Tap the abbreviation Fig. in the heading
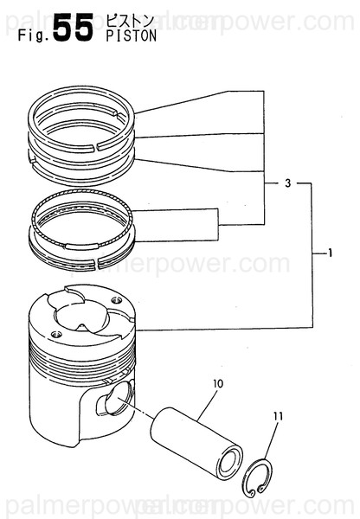tap(32, 36)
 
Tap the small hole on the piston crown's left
tap(56, 334)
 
